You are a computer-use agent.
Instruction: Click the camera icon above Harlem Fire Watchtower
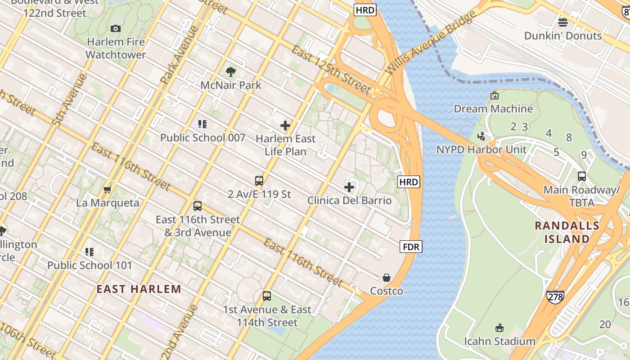point(116,29)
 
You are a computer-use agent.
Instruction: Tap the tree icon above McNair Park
point(231,72)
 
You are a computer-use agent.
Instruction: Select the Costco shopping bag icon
point(387,278)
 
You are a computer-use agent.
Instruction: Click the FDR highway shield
point(411,247)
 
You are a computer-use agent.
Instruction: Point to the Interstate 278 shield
point(555,297)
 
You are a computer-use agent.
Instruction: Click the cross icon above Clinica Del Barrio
point(349,187)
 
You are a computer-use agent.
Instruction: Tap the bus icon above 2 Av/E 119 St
point(259,181)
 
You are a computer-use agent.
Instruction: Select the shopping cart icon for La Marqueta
point(107,189)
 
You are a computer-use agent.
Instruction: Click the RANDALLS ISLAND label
point(567,232)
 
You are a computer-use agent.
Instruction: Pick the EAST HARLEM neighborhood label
point(139,289)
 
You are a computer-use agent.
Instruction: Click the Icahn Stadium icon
point(499,328)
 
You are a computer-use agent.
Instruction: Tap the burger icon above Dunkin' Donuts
point(562,22)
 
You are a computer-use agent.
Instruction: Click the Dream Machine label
point(493,109)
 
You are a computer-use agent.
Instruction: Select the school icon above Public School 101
point(90,252)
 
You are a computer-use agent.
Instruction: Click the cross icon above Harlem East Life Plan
point(285,126)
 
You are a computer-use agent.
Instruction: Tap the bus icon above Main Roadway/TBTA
point(581,176)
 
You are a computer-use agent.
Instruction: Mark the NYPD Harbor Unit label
point(481,149)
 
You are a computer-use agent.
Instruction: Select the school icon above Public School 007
point(202,124)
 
